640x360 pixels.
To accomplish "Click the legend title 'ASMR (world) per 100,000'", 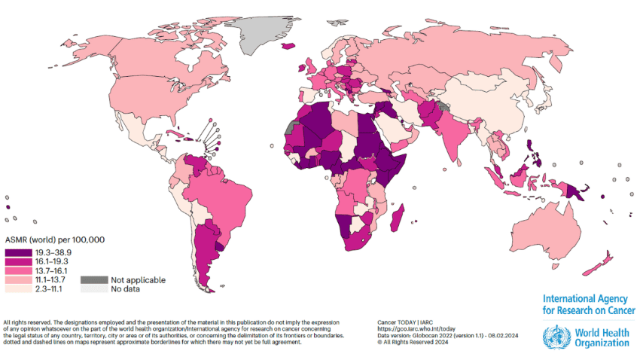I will [53, 239].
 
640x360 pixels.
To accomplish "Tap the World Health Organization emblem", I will [555, 336].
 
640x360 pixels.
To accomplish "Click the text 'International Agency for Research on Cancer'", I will [588, 304].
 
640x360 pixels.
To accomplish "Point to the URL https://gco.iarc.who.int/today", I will [416, 329].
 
